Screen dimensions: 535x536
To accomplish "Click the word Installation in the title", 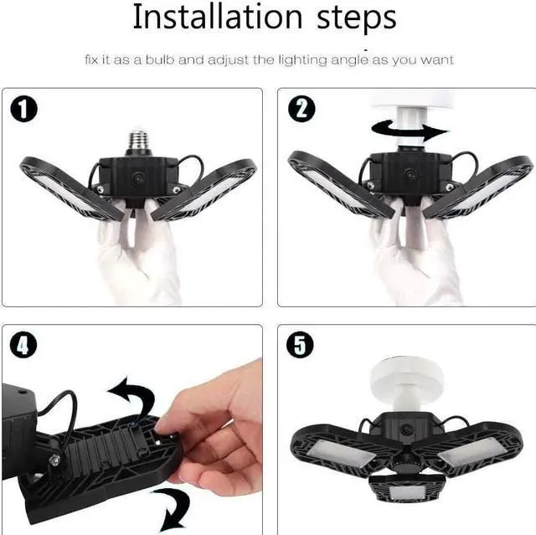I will click(x=216, y=18).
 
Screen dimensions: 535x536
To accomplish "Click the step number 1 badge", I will click(x=24, y=109).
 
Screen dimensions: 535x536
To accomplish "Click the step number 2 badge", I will click(x=300, y=109).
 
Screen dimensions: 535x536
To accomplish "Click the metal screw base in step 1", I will click(x=138, y=142).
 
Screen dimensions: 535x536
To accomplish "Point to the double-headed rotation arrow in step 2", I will click(x=410, y=130).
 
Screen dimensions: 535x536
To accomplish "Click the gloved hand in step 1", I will click(x=134, y=251).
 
